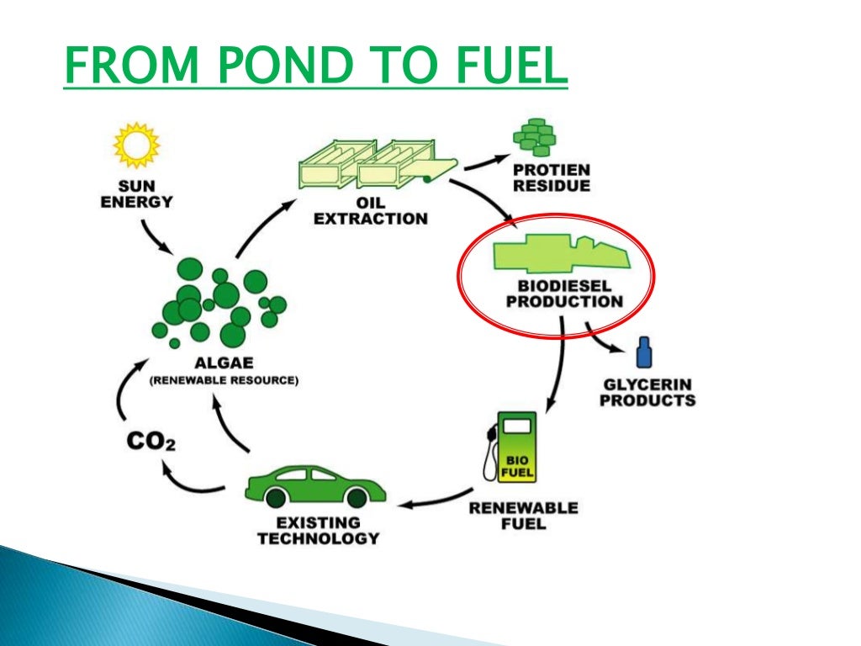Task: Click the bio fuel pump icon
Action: pos(511,445)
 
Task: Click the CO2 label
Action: pos(151,441)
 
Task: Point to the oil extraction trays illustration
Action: pos(370,164)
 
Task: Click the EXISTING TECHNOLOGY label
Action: pos(318,530)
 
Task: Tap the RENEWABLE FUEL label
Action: pos(523,516)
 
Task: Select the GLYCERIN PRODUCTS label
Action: pos(647,392)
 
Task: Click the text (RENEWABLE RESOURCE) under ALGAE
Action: pos(224,380)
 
